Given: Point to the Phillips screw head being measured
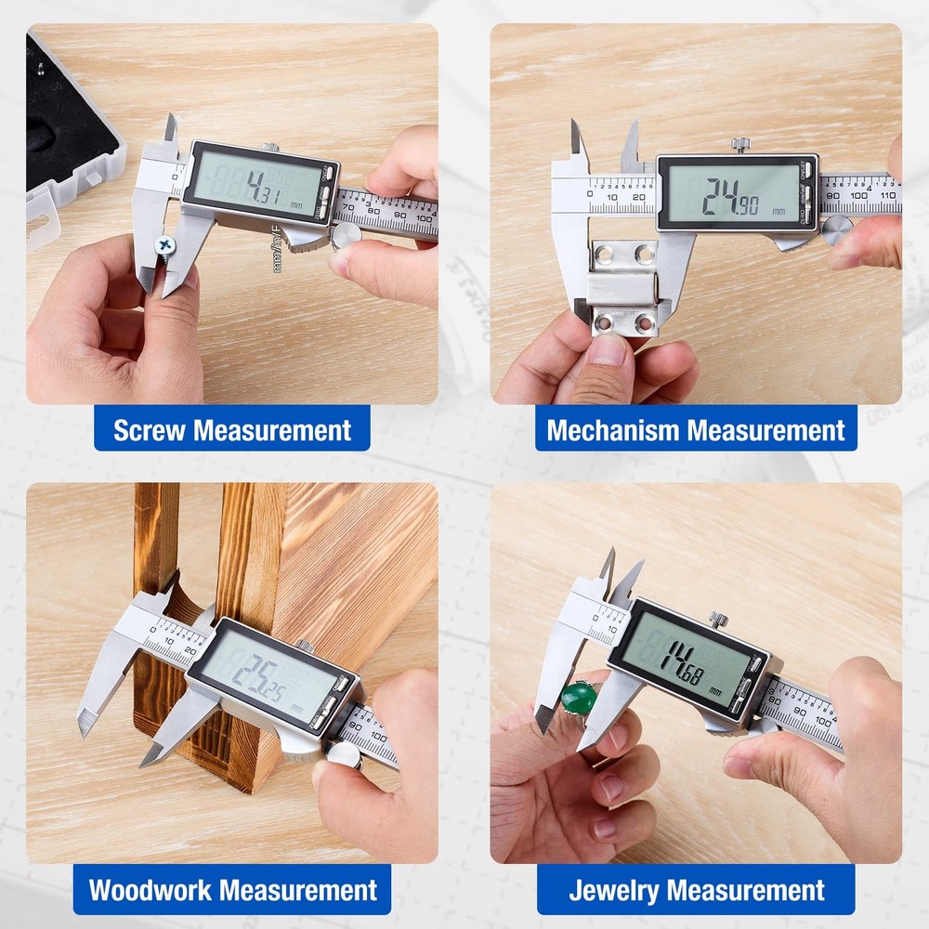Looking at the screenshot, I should (164, 245).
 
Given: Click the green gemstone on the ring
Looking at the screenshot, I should (579, 697).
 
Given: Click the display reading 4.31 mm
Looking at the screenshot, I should (261, 183).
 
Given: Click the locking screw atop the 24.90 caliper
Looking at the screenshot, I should (739, 144).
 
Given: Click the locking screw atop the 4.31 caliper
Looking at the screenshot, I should (270, 148).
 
